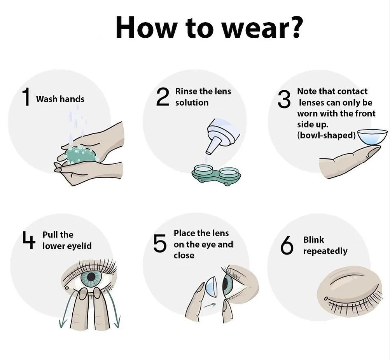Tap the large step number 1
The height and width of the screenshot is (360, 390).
point(26,97)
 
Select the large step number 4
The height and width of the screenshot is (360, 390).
point(29,239)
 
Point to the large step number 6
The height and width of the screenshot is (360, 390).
point(287,245)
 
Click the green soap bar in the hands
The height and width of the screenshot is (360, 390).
point(81,154)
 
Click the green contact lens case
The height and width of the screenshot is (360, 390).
point(216,175)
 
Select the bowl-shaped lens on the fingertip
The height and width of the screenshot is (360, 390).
point(372,137)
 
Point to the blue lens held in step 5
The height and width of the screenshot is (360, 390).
point(211,288)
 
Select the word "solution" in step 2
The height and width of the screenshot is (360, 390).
point(192,102)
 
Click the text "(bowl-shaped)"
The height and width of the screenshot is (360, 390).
point(326,135)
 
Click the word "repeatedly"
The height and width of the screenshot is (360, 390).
point(325,251)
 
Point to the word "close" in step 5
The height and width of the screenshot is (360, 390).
point(184,255)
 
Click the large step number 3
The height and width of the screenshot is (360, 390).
point(284,99)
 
